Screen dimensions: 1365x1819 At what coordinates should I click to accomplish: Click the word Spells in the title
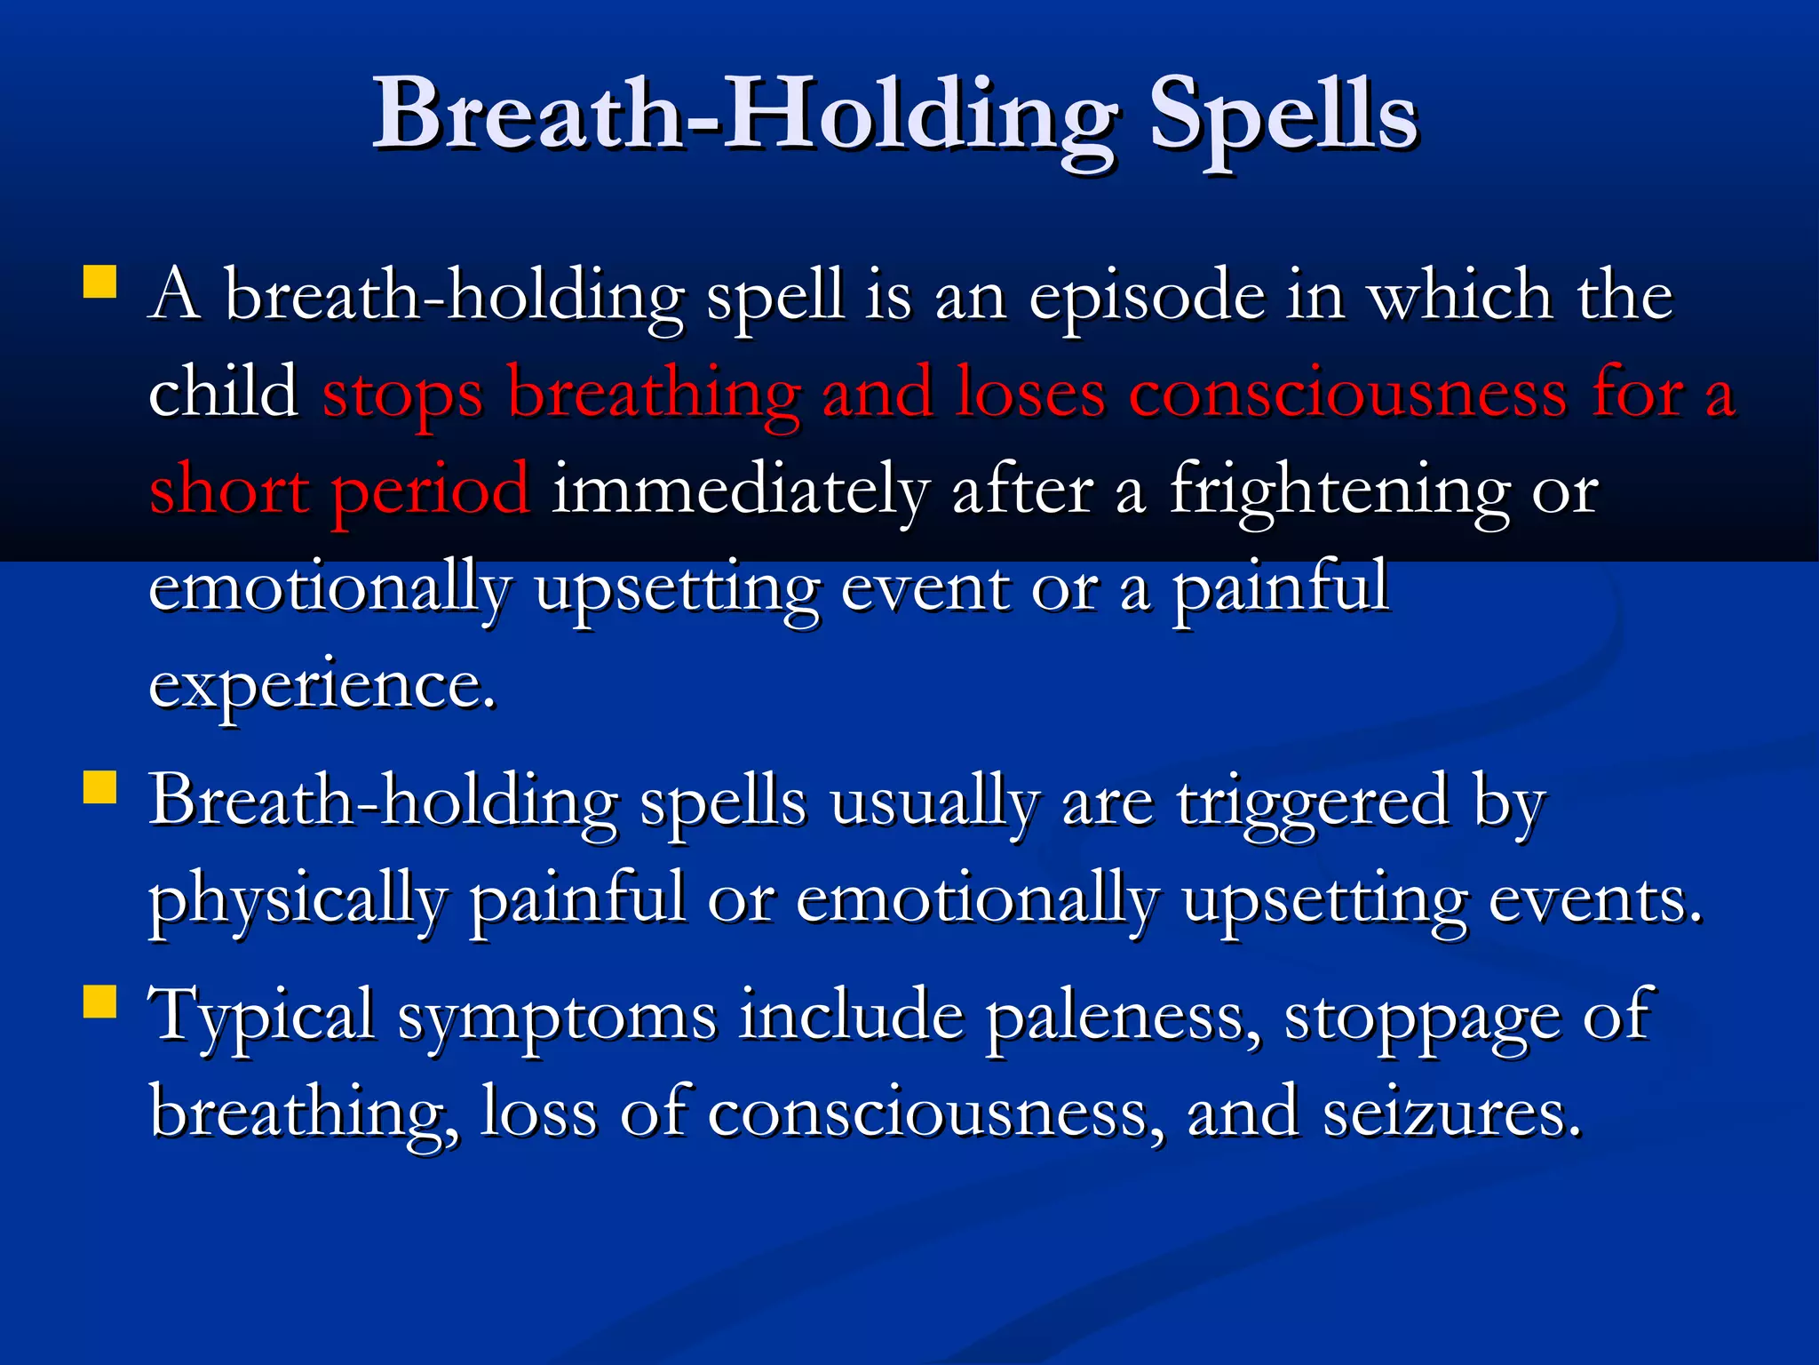click(x=1283, y=116)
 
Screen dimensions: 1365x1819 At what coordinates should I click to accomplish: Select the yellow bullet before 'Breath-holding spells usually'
click(x=100, y=787)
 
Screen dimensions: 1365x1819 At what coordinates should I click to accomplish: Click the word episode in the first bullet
click(x=1146, y=298)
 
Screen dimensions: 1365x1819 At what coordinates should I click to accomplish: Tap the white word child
click(x=223, y=393)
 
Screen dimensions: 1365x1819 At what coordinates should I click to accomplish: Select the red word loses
click(x=1030, y=393)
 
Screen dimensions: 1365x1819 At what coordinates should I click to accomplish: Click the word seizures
click(x=1451, y=1113)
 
